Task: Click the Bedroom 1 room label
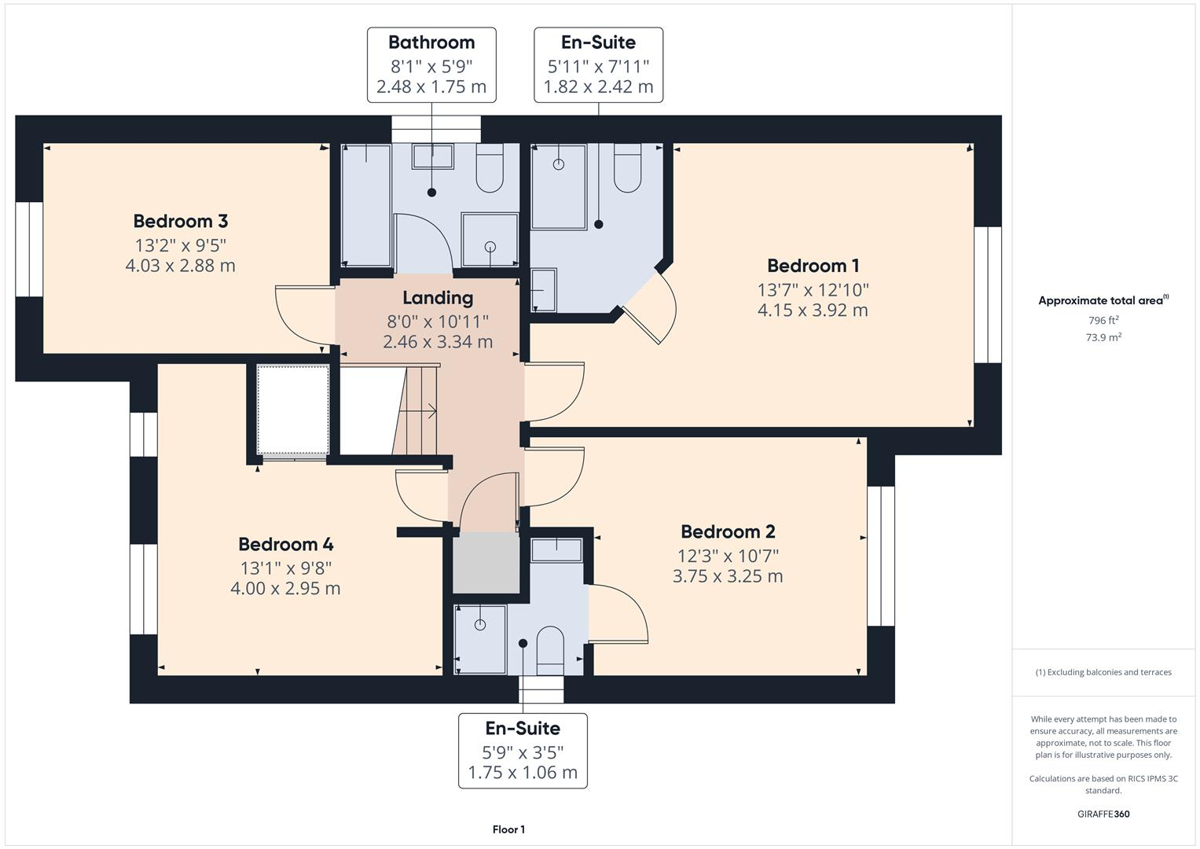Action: [813, 266]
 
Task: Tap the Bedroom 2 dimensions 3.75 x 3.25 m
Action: [728, 576]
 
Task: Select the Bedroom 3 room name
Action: [180, 222]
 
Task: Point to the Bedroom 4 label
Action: [285, 544]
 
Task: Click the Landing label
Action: [438, 298]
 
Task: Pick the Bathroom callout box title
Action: [431, 42]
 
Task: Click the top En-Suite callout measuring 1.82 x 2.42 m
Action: [598, 65]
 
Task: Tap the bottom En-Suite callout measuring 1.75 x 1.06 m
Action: [523, 751]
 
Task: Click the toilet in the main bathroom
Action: [490, 169]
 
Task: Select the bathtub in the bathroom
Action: [366, 206]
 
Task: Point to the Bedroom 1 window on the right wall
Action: [988, 295]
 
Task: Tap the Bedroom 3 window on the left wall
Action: [29, 249]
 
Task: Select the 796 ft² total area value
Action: [1103, 321]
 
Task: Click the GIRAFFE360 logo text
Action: [1103, 814]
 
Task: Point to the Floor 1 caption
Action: [508, 829]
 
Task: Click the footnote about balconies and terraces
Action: [1103, 672]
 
